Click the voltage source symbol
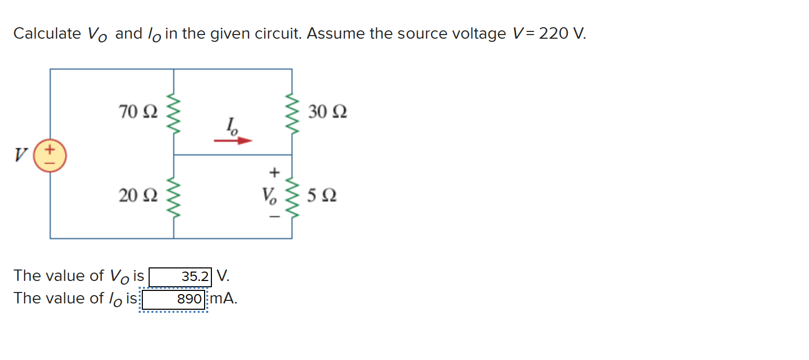[x=50, y=155]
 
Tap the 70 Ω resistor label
[x=137, y=112]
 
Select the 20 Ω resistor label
[x=137, y=196]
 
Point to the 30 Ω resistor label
[x=327, y=112]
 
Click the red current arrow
[x=233, y=140]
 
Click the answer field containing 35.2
[x=181, y=276]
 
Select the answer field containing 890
[x=174, y=299]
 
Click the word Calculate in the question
[x=47, y=34]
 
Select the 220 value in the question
[x=554, y=34]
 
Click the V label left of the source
[x=21, y=155]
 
